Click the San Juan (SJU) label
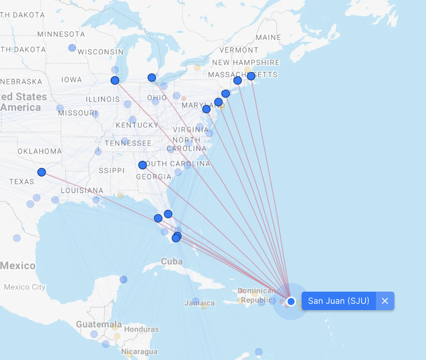pos(338,301)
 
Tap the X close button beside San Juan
pos(385,301)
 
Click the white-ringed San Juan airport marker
pos(291,301)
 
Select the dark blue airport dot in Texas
pos(41,172)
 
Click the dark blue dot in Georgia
pos(143,165)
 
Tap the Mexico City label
pos(24,287)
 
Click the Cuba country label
pos(172,261)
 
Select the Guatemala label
pos(99,324)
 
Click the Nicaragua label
pos(139,352)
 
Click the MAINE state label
pos(268,37)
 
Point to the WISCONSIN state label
pos(101,52)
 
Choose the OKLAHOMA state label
pos(40,151)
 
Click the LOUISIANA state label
pos(82,190)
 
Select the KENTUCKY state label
pos(137,125)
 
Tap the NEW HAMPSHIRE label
pos(246,62)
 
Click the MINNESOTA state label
pos(61,34)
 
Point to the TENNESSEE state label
pos(128,143)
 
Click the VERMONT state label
pos(239,50)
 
